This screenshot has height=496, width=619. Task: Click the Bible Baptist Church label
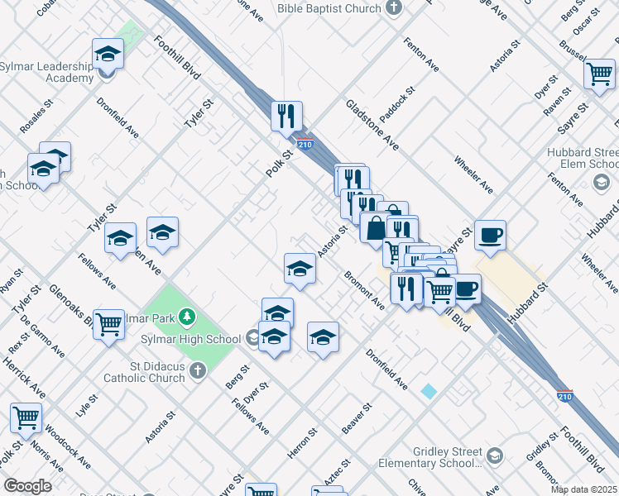pyautogui.click(x=329, y=8)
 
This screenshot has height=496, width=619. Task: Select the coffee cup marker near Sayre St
pyautogui.click(x=489, y=235)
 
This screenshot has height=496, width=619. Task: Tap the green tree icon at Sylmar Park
pyautogui.click(x=189, y=316)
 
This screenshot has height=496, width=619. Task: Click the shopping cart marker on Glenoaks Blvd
pyautogui.click(x=108, y=324)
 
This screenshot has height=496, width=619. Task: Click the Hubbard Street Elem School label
pyautogui.click(x=583, y=158)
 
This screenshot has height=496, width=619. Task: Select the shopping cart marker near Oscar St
pyautogui.click(x=600, y=73)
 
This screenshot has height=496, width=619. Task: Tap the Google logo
pyautogui.click(x=27, y=486)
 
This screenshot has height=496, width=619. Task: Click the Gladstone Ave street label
pyautogui.click(x=372, y=126)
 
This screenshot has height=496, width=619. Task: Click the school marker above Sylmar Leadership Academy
pyautogui.click(x=108, y=55)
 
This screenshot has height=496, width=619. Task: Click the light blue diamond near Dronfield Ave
pyautogui.click(x=428, y=391)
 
